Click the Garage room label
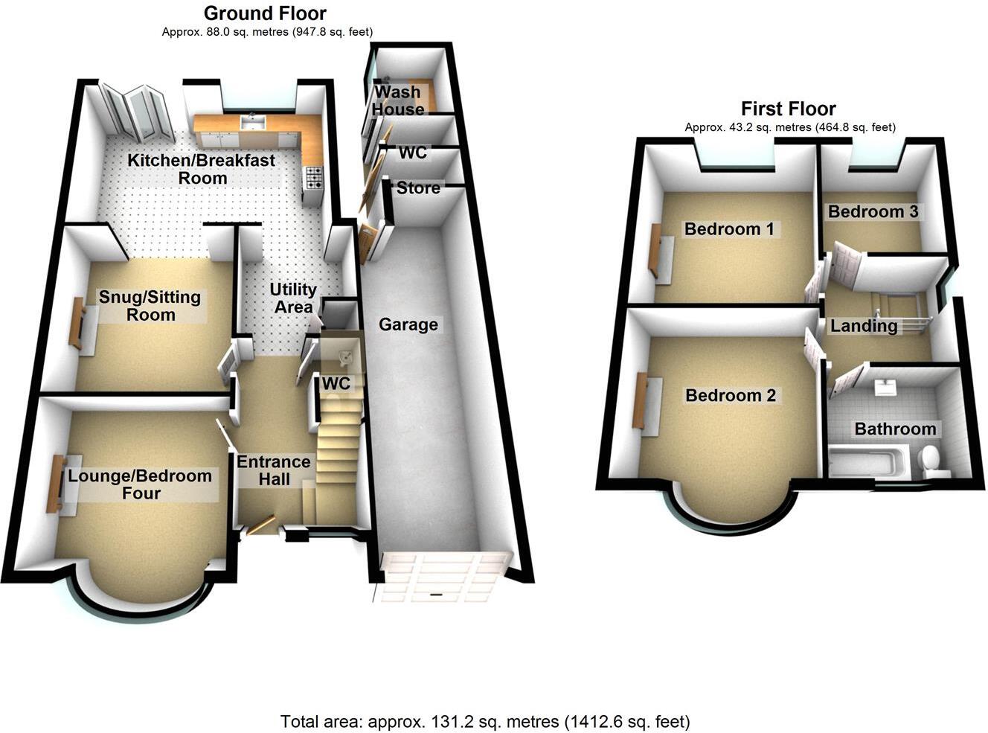(x=408, y=324)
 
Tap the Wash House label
(x=398, y=100)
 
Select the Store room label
(x=418, y=188)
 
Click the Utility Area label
(x=293, y=298)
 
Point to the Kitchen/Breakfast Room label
(x=202, y=169)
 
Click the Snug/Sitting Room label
(x=150, y=306)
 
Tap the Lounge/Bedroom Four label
(x=140, y=484)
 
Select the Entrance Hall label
(x=274, y=470)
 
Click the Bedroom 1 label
(x=729, y=228)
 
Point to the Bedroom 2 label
(x=731, y=395)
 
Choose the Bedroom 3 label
(x=873, y=211)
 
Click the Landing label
(x=864, y=325)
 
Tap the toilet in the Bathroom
(x=931, y=461)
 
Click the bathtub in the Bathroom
(x=867, y=461)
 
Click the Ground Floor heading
(x=265, y=13)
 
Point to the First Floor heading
(x=789, y=109)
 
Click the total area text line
(x=485, y=721)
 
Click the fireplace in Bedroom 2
(x=639, y=401)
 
